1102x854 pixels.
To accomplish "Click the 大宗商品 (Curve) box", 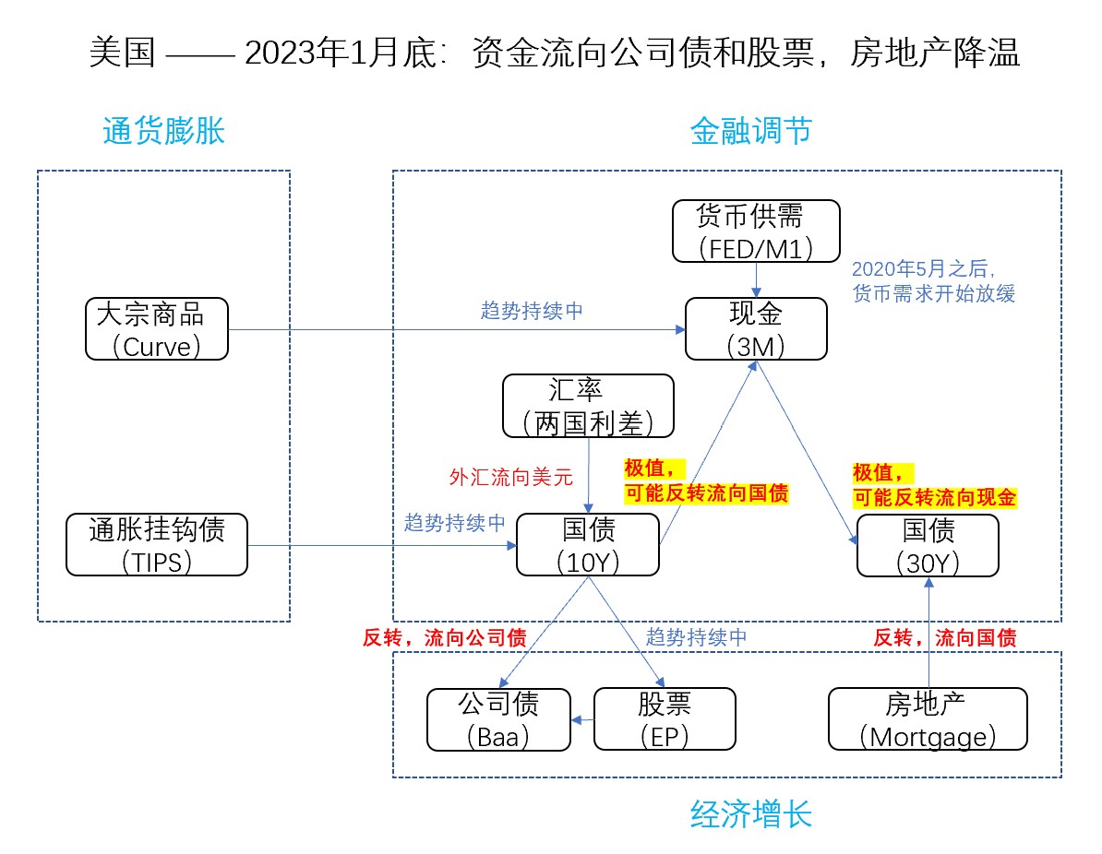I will [156, 328].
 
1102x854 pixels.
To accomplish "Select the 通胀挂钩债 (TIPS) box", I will [157, 545].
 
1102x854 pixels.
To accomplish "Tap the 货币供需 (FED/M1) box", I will [756, 231].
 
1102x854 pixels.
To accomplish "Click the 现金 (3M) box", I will [756, 328].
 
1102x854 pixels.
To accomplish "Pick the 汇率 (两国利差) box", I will [589, 405].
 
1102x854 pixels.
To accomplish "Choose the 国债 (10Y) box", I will [589, 545].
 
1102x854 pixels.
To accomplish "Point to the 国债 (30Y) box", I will [928, 545].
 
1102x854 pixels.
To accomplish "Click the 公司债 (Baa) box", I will [498, 719].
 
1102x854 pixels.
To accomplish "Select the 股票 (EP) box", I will [665, 719].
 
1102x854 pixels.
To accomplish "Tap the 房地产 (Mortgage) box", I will [928, 719].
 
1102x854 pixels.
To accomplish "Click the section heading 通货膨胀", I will [163, 132].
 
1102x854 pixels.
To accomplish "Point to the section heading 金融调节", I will [751, 132].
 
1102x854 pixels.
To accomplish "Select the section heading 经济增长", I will [751, 814].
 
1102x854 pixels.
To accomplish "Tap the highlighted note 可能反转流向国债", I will [707, 493].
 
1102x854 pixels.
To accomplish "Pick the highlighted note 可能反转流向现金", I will [935, 498].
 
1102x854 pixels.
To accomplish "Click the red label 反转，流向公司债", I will [444, 636].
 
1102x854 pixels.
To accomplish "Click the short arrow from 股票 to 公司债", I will [583, 720].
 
